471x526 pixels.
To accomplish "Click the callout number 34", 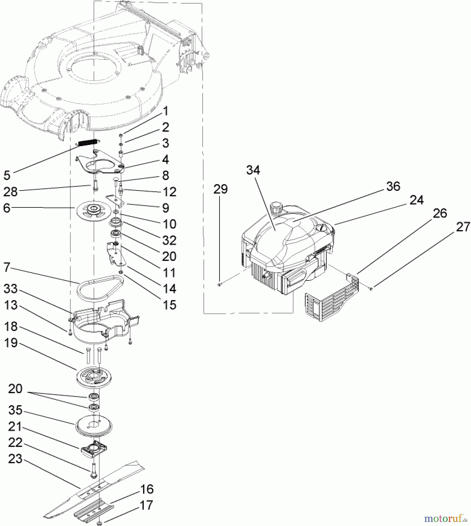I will tap(253, 170).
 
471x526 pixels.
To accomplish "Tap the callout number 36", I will tap(393, 186).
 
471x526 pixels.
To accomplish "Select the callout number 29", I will tap(220, 189).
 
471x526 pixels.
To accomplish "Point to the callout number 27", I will tap(463, 227).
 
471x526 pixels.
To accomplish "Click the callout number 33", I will tap(11, 289).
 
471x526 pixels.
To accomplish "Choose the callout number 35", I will tap(15, 410).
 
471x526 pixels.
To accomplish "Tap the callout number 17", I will tap(146, 505).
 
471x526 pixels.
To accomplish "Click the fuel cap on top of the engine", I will tap(277, 208).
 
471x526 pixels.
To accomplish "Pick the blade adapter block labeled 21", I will tap(94, 450).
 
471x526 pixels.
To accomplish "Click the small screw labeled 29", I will tap(219, 285).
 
